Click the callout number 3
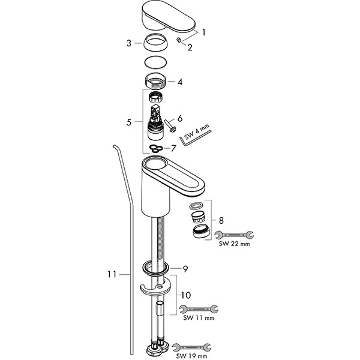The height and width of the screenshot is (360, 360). [129, 43]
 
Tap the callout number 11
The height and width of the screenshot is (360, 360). [112, 274]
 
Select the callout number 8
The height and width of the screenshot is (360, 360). [221, 221]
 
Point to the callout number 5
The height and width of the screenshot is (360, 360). [129, 122]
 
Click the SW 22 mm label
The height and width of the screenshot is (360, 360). [234, 244]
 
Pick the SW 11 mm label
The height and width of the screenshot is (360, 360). [199, 318]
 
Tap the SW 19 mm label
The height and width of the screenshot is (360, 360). [192, 356]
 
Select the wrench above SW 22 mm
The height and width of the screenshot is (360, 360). [234, 235]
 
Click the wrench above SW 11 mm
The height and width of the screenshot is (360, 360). [199, 309]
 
